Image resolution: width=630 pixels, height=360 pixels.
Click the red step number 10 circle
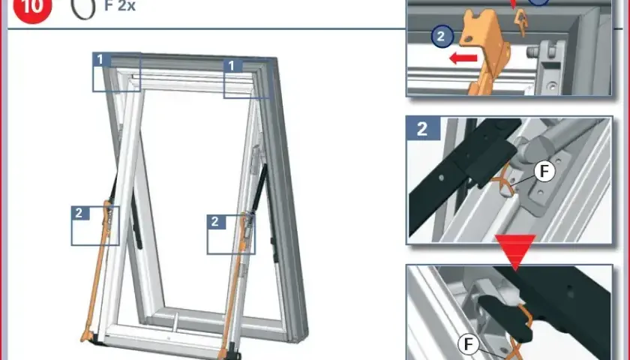pos(32,8)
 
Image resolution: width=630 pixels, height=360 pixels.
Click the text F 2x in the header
pos(120,6)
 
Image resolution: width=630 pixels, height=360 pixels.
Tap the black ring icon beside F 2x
pos(83,9)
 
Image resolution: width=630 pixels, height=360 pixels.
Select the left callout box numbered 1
pos(116,72)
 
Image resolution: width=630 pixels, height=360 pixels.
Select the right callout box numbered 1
pos(247,78)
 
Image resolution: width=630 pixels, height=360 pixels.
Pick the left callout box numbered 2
pos(95,226)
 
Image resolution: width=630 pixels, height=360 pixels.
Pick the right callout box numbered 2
pos(231,234)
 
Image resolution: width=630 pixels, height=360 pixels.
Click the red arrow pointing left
pos(463,58)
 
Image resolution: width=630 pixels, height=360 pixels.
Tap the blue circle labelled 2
pos(442,37)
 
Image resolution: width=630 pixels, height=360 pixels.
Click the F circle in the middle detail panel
pos(544,172)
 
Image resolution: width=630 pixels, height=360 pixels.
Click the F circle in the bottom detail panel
pos(469,344)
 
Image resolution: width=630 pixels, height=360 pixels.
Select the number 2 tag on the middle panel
pos(423,128)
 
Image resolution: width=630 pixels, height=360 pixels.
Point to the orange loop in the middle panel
pos(503,183)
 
